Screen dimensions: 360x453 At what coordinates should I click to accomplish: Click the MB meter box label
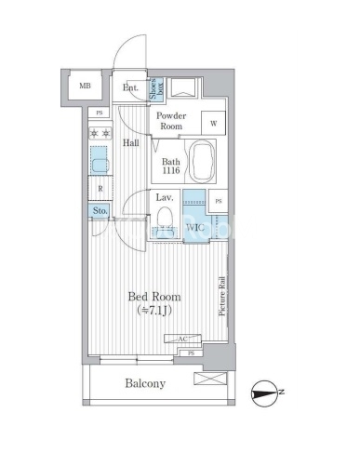tap(85, 86)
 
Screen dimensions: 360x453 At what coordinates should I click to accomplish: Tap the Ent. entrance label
tap(130, 87)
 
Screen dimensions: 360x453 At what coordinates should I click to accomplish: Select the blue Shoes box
tap(156, 88)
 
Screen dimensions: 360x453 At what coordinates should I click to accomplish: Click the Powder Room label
tap(171, 121)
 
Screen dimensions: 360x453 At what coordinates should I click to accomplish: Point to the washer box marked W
tap(213, 123)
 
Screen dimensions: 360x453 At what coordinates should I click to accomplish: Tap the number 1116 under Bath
tap(171, 170)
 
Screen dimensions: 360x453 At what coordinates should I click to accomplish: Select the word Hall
tap(130, 143)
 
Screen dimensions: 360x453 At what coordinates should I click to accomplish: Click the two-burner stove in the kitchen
tap(100, 133)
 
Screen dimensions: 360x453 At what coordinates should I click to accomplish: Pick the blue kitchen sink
tap(100, 161)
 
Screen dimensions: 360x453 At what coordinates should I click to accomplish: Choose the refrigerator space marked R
tap(100, 188)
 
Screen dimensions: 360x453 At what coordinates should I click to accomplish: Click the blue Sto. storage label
tap(100, 211)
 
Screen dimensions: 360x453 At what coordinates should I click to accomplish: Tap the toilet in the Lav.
tap(165, 220)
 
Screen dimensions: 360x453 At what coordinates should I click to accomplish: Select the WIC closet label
tap(195, 227)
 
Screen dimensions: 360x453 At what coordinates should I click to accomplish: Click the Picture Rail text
tap(222, 296)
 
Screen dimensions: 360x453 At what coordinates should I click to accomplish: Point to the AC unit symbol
tap(182, 339)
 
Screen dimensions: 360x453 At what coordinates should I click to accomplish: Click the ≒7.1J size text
tap(154, 311)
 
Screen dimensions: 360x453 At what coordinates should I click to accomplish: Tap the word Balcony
tap(145, 383)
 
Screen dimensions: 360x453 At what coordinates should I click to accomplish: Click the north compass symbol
tap(263, 393)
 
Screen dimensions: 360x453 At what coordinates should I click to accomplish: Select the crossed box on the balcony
tap(210, 379)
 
